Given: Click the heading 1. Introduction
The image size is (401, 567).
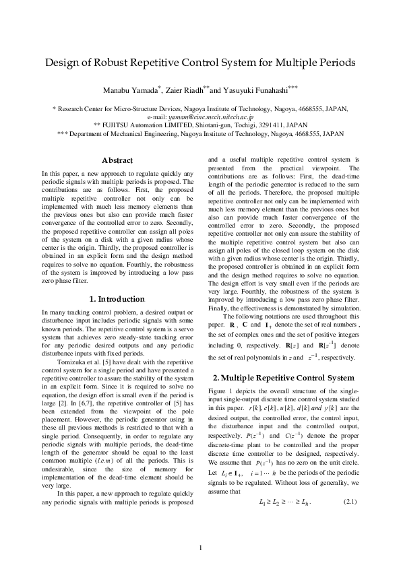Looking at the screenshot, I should (x=117, y=298).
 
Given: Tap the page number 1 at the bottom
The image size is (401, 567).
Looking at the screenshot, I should (x=200, y=546).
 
